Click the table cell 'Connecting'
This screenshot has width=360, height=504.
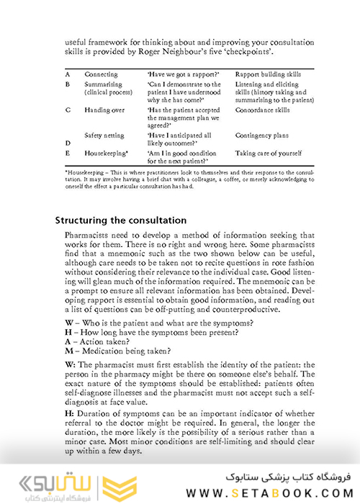[x=101, y=75]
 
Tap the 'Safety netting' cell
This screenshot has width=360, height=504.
[x=105, y=135]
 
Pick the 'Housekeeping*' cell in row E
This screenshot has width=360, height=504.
[x=107, y=153]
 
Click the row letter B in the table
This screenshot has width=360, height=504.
[x=67, y=85]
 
